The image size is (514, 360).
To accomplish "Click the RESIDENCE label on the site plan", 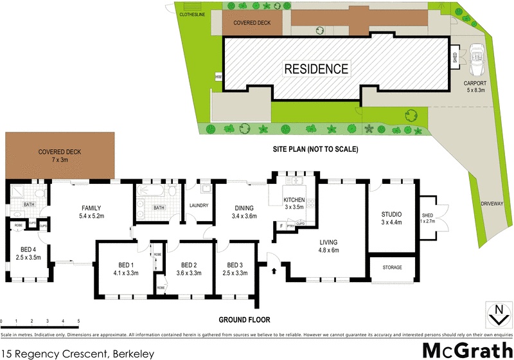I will point(317,69).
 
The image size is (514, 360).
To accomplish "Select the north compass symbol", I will point(497,315).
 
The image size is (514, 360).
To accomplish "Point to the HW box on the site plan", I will point(218,76).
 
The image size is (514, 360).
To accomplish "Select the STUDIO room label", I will point(391,218).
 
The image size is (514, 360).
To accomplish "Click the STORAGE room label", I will point(392,267).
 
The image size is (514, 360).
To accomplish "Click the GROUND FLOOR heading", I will point(244,319).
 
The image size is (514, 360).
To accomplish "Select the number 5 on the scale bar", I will point(78,321).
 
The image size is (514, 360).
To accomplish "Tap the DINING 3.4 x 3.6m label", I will point(244,212).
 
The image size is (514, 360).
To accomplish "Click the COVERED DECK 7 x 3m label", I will point(60,156).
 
